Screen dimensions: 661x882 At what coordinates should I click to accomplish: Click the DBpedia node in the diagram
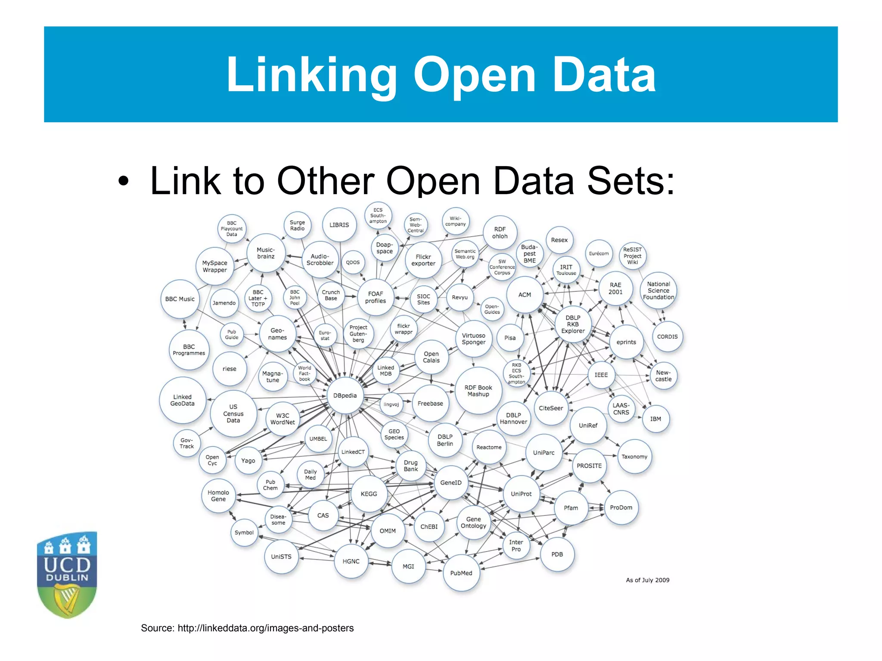point(345,395)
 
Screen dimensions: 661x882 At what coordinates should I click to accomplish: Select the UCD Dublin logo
point(67,574)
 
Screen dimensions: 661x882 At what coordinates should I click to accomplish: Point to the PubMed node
point(461,573)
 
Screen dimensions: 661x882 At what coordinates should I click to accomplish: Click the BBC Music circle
point(180,299)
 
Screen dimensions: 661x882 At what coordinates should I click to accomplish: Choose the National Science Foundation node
point(658,290)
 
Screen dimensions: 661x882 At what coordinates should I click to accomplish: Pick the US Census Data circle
point(233,414)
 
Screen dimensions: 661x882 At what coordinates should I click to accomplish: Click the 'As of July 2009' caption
point(647,580)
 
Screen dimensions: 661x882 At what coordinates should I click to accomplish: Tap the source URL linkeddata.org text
point(265,628)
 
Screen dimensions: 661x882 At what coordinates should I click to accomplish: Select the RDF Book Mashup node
point(478,391)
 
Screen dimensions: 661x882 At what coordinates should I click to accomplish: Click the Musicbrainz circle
point(266,253)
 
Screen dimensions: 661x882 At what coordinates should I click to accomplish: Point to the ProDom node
point(621,507)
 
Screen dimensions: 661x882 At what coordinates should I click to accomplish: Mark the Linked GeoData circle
point(182,400)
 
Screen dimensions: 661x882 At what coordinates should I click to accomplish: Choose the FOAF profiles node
point(376,297)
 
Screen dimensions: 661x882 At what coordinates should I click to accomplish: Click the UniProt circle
point(521,494)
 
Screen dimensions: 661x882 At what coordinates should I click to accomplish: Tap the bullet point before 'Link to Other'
point(124,182)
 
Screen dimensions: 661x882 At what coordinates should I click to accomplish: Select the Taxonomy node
point(634,457)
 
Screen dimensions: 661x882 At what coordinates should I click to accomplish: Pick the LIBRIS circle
point(339,225)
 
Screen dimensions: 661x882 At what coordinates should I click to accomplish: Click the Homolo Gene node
point(218,496)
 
